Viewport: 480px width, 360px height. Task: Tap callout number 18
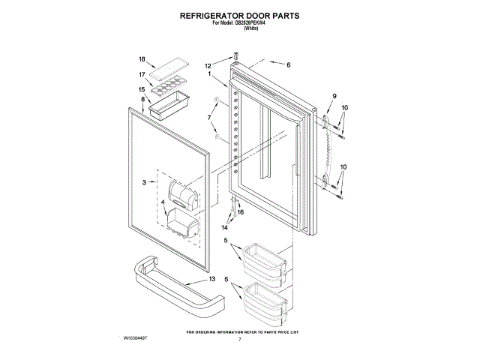pos(141,59)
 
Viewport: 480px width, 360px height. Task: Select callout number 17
pos(141,74)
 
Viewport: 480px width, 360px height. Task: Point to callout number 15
pos(141,89)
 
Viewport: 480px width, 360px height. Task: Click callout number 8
pos(142,99)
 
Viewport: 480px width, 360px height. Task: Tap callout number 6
pos(287,64)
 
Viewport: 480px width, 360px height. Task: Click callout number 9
pos(334,95)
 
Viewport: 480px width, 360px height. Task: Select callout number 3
pos(143,182)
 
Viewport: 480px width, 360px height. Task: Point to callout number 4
pos(163,202)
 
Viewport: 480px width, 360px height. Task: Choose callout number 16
pos(240,212)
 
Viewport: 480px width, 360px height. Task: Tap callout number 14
pos(224,226)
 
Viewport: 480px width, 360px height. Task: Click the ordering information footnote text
pos(241,331)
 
